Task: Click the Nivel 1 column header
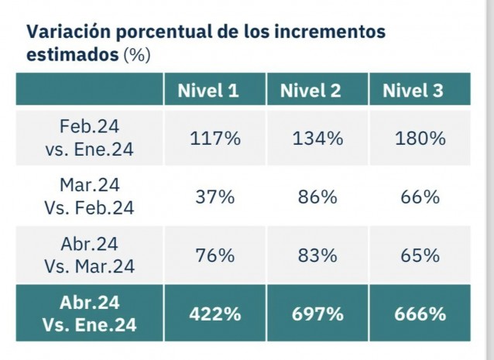(208, 91)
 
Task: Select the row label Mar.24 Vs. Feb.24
(89, 197)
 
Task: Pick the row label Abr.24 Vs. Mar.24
(89, 255)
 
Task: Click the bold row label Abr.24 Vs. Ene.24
(89, 314)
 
